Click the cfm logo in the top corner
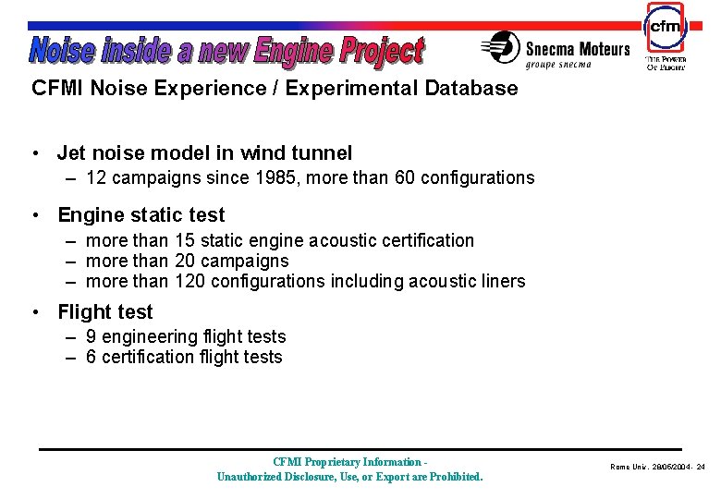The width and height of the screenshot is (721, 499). click(x=666, y=28)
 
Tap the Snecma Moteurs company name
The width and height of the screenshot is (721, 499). click(x=578, y=49)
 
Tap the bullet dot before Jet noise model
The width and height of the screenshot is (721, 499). click(x=33, y=152)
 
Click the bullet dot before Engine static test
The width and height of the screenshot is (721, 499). click(x=33, y=215)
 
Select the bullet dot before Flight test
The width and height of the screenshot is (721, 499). click(x=33, y=312)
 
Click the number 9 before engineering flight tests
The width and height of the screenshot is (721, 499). click(x=92, y=337)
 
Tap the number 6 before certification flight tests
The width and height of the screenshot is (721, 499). click(x=92, y=357)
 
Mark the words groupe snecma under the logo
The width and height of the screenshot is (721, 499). click(x=558, y=64)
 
